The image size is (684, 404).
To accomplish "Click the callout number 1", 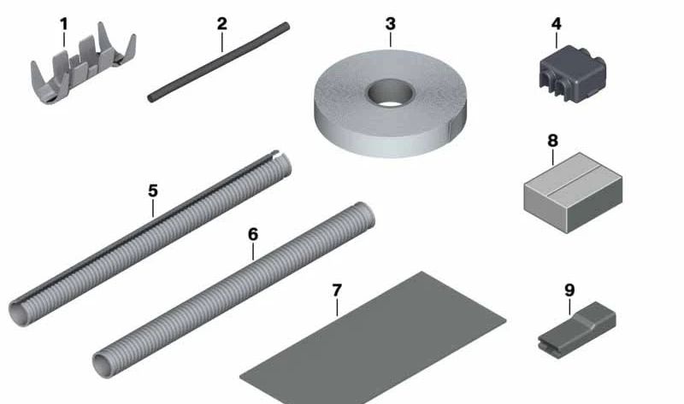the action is [64, 25].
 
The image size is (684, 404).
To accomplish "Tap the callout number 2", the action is [222, 24].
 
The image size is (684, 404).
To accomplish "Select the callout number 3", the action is [391, 24].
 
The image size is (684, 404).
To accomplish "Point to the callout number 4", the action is [557, 24].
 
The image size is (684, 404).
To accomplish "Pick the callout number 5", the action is [153, 190].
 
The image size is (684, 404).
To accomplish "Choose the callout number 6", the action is [253, 235].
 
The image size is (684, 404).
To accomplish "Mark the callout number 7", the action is [337, 290].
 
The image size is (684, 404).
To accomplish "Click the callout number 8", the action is [552, 141].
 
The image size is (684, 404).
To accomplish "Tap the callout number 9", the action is [569, 290].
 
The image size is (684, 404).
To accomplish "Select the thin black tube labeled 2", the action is [218, 62].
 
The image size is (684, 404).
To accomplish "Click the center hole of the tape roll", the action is [390, 92].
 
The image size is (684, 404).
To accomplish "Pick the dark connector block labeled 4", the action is [572, 74].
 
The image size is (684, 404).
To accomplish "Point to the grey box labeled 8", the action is [573, 193].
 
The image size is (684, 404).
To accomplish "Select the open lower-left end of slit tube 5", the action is [18, 313].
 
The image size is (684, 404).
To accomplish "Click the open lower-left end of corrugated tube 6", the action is [102, 366].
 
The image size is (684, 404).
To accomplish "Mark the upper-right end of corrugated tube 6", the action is [365, 214].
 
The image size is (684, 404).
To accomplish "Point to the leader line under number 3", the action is [391, 39].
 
